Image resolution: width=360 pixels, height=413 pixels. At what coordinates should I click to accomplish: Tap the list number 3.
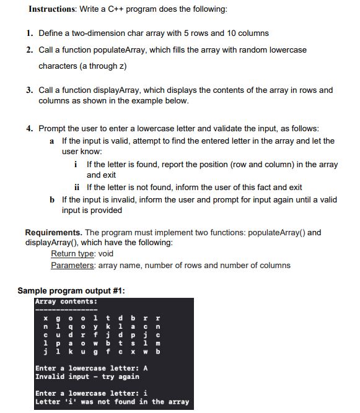(x=29, y=90)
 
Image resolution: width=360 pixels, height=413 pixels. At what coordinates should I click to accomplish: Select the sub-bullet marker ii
(x=77, y=187)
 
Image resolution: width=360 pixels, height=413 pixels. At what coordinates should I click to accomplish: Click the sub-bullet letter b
(x=52, y=199)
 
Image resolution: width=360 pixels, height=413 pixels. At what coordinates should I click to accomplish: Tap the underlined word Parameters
(x=72, y=265)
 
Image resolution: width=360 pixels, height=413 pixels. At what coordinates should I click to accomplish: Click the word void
(x=106, y=253)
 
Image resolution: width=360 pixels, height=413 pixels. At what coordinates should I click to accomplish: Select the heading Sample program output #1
(x=71, y=290)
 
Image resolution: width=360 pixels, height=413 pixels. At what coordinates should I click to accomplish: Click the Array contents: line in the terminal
(x=60, y=302)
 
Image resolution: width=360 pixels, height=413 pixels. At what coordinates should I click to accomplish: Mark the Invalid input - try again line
(x=87, y=376)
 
